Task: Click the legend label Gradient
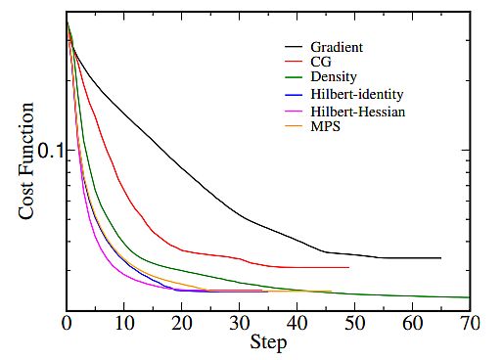338,47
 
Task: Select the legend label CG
322,63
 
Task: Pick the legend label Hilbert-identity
357,95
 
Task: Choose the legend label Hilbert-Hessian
358,111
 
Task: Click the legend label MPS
327,126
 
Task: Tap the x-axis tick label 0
67,322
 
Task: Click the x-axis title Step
267,343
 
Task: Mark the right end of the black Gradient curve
441,258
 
